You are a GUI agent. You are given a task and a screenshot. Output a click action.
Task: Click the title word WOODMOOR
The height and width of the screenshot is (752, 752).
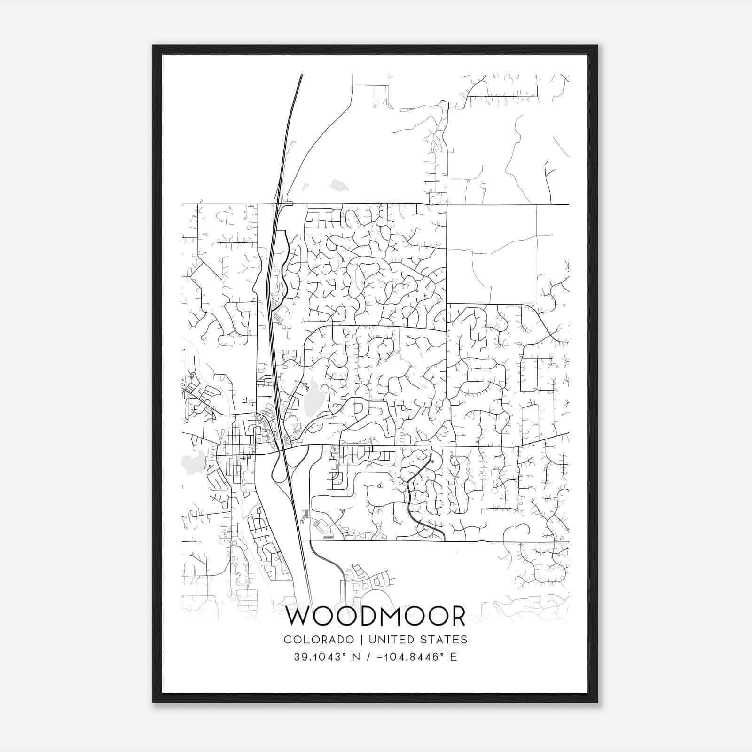pos(376,617)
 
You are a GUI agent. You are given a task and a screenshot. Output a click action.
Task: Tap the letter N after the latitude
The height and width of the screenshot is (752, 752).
pos(356,657)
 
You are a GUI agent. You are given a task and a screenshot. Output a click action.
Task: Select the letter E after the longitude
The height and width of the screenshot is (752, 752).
pos(454,657)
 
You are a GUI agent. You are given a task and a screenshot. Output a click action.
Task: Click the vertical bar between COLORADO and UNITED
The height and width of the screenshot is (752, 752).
pos(362,640)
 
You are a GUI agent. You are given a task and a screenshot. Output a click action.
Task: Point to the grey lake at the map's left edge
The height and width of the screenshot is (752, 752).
pos(194,461)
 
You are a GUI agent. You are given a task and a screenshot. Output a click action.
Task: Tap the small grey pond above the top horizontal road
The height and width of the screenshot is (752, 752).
pos(339,185)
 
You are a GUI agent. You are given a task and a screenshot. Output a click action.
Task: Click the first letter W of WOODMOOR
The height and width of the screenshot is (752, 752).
pos(299,617)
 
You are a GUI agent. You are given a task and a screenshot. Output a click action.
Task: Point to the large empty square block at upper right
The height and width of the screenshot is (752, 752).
pos(491,254)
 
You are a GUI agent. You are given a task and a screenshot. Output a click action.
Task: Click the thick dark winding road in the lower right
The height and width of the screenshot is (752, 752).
pos(410,498)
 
